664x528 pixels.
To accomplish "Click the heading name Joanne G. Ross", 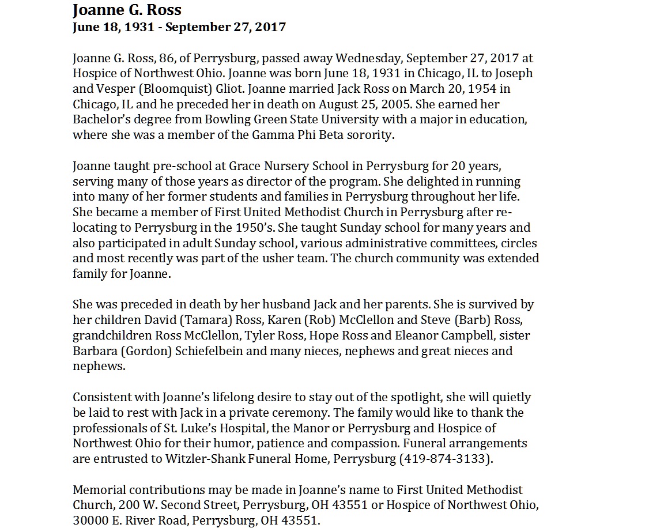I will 127,10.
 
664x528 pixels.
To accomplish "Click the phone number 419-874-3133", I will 444,459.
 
